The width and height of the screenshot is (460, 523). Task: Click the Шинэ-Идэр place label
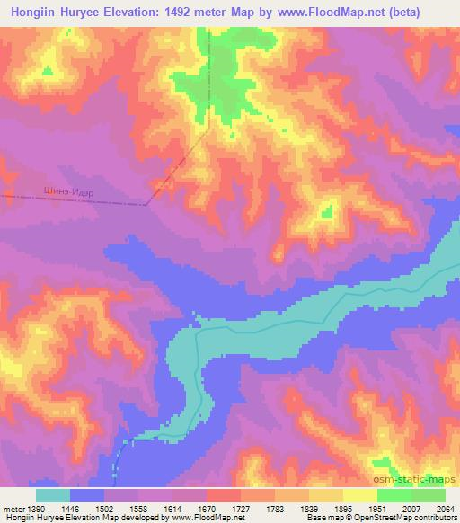(69, 191)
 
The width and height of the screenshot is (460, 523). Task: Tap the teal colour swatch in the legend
(53, 495)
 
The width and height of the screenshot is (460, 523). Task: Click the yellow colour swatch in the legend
(360, 495)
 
